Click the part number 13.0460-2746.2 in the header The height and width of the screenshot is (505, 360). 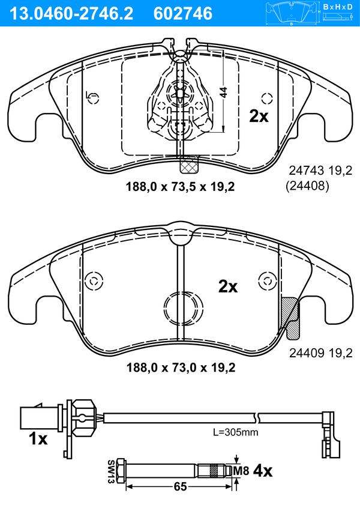(71, 14)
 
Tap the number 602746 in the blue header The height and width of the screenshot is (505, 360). (183, 14)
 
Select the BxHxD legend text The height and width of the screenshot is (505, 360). (337, 7)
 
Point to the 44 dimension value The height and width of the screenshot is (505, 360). (223, 92)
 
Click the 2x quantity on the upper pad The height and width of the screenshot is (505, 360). (259, 116)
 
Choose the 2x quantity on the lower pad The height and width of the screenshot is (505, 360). (228, 286)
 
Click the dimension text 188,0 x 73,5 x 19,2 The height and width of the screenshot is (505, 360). (180, 187)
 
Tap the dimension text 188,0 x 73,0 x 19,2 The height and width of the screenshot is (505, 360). (181, 367)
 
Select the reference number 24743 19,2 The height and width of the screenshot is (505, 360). (321, 171)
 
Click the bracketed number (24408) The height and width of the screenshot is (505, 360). (308, 186)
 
